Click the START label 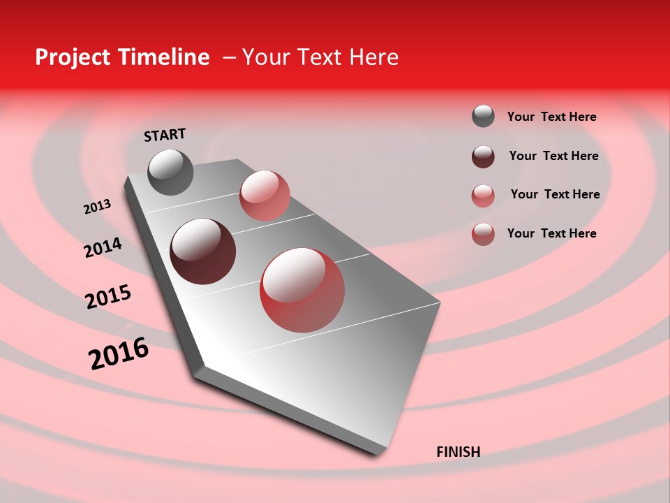165,135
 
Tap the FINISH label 458,452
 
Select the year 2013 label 98,207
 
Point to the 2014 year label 103,248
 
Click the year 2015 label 108,297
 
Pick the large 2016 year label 119,353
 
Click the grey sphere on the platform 171,172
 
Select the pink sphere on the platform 265,195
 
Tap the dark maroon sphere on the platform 203,251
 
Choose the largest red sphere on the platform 302,290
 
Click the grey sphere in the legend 483,116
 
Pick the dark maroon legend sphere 483,156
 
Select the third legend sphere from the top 483,195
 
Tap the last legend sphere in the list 483,234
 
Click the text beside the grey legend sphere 551,117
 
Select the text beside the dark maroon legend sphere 553,156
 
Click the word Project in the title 73,57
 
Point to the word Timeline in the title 167,57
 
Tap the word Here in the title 374,57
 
